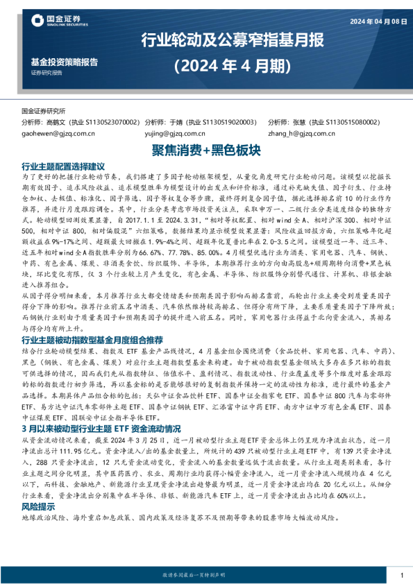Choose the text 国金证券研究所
tap(43, 110)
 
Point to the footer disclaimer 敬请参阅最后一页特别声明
tap(206, 575)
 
